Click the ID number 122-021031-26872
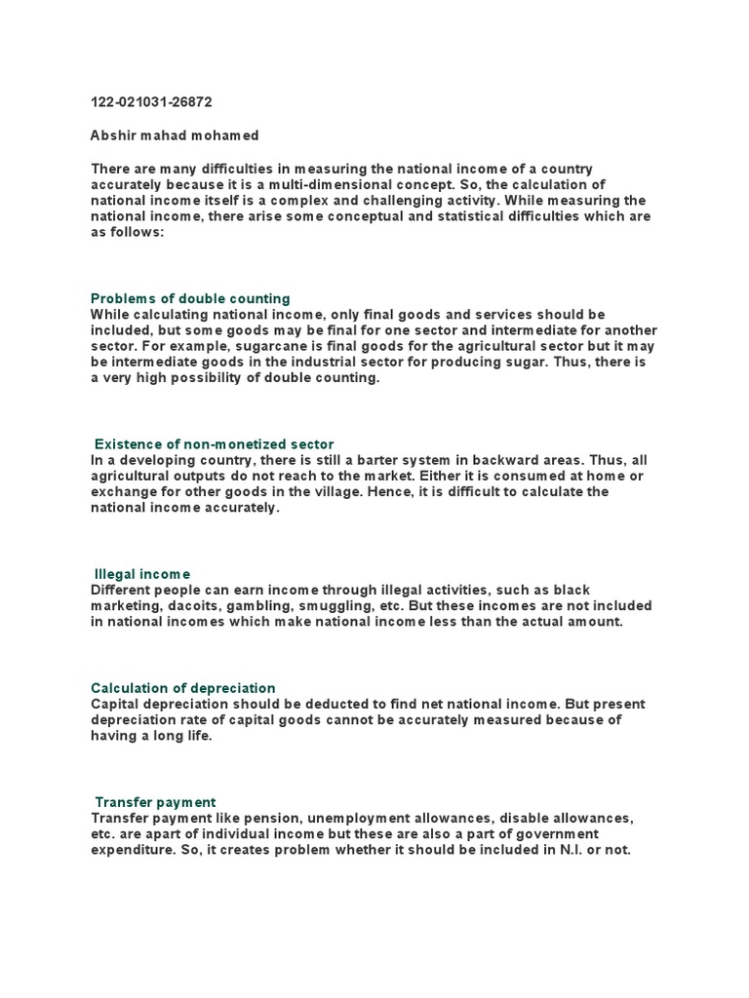pos(151,102)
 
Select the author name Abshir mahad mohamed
pos(175,135)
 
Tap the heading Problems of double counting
pos(190,298)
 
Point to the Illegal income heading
pos(142,574)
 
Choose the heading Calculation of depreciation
pos(183,688)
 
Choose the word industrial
pos(333,363)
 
